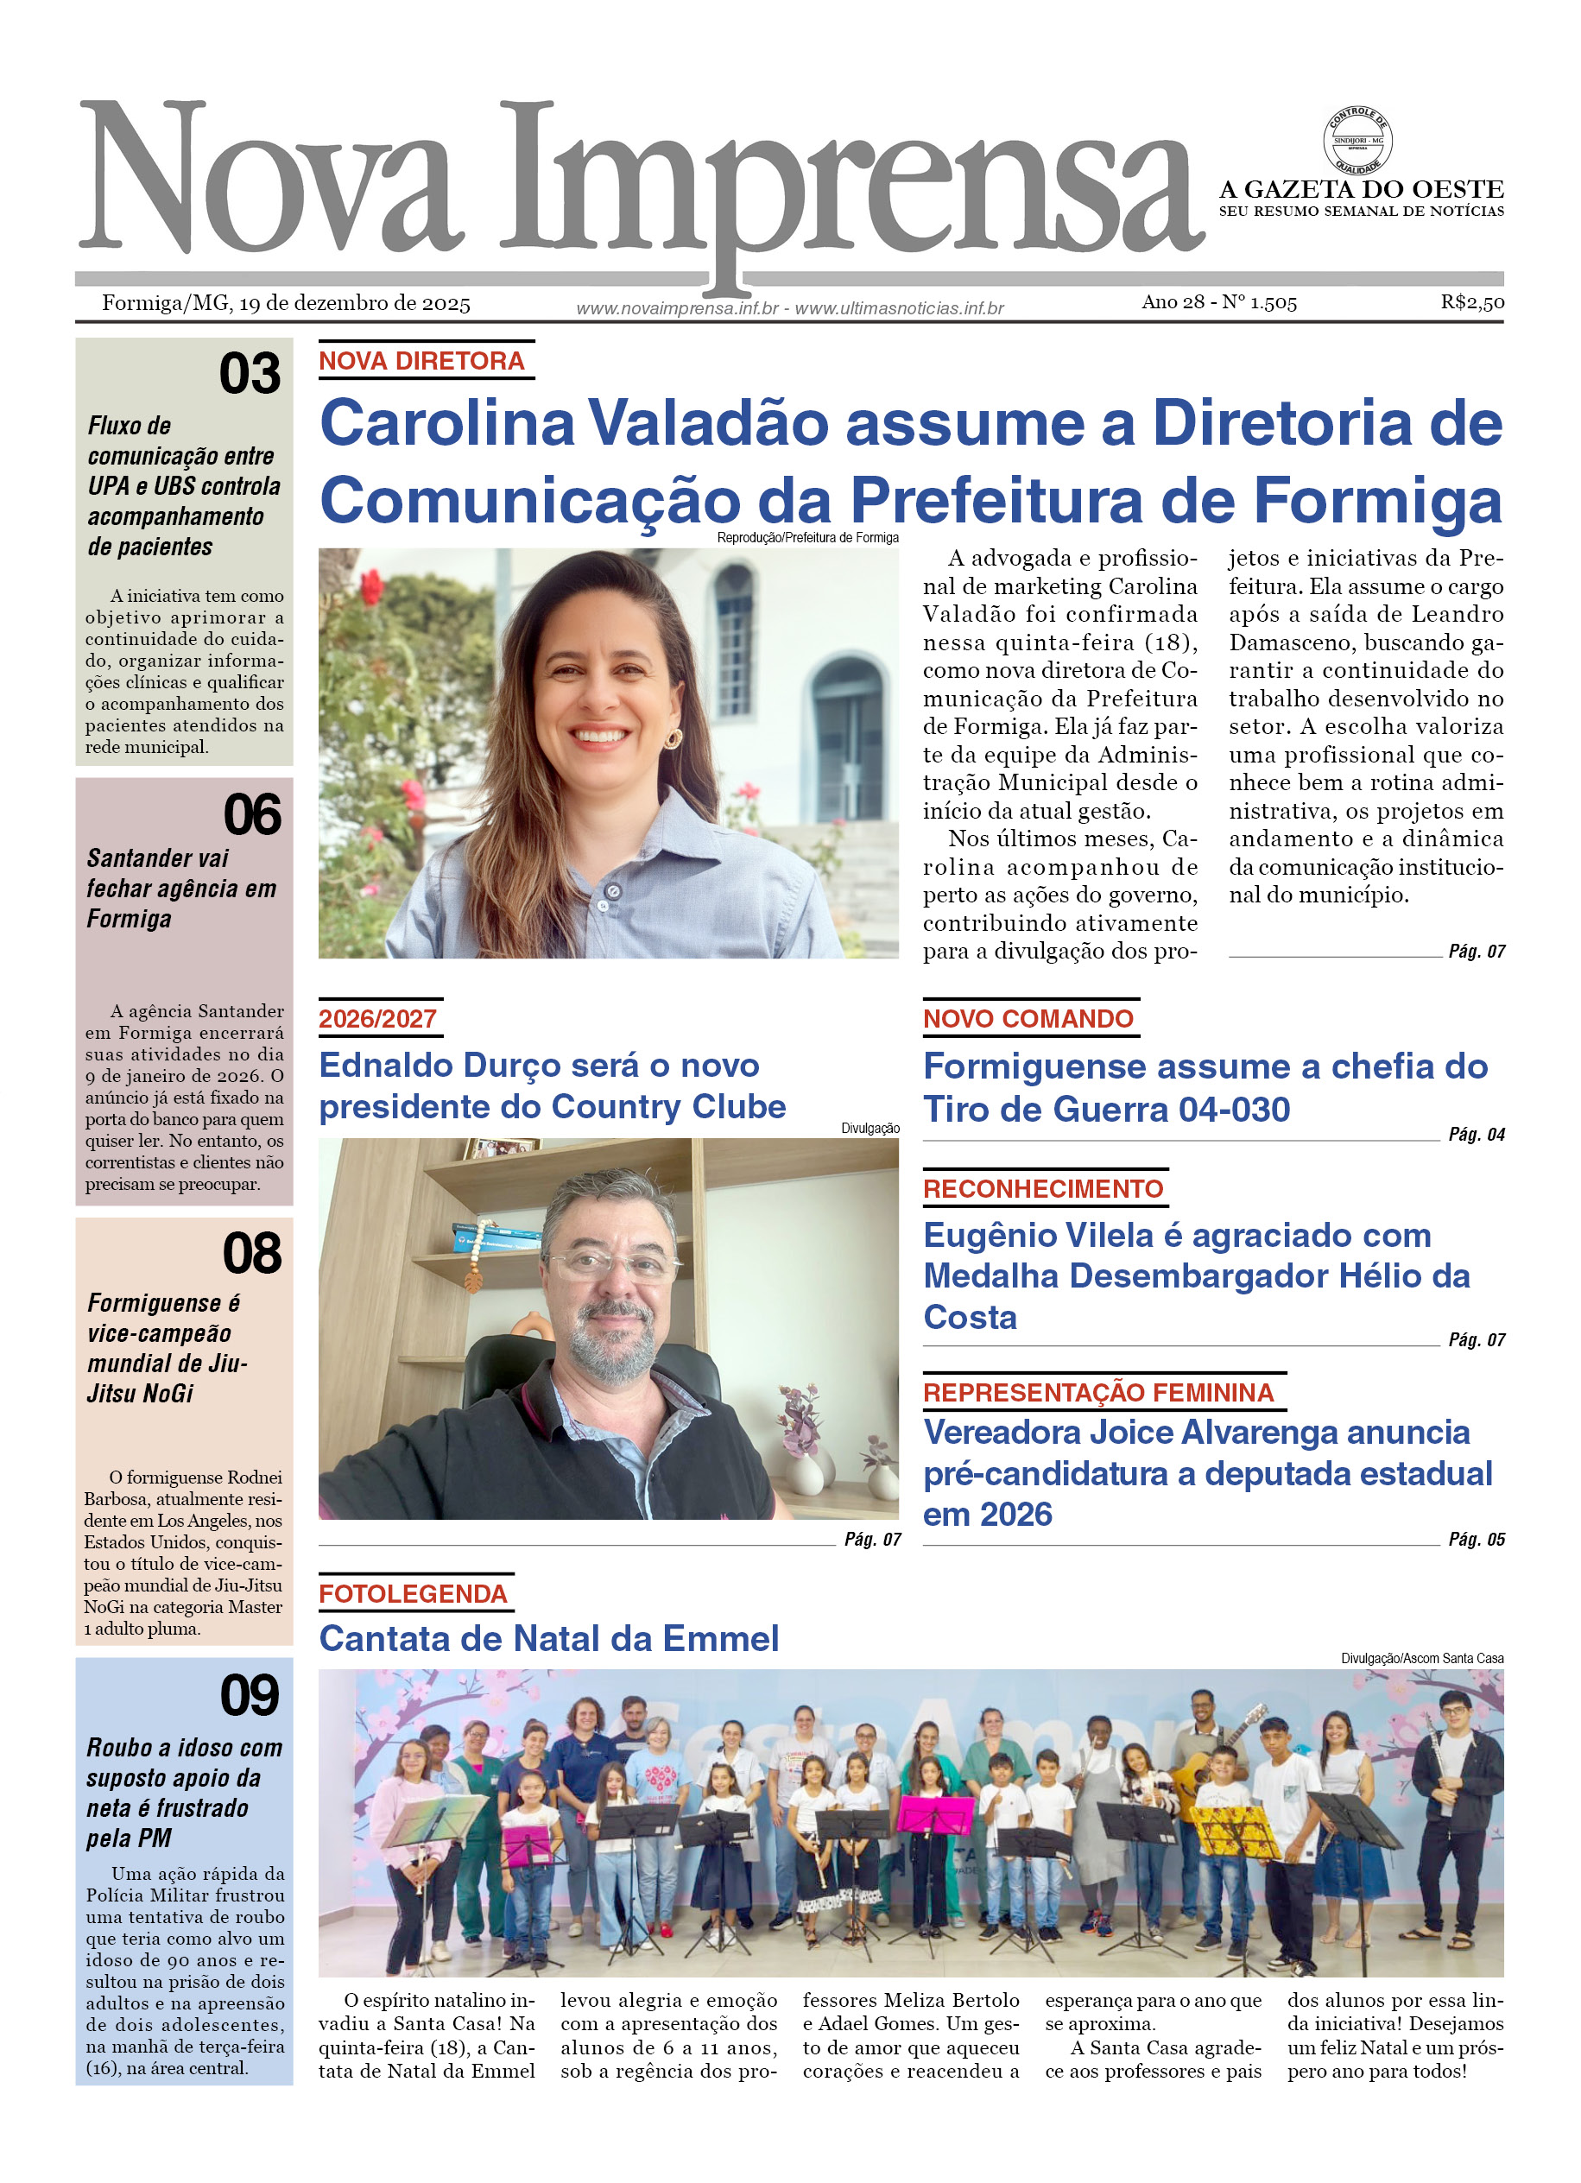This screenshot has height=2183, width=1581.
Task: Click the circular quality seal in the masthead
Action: tap(1356, 142)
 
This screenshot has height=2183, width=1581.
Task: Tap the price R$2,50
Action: tap(1471, 302)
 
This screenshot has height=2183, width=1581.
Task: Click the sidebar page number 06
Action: tap(252, 815)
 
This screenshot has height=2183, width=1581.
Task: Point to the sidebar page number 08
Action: tap(251, 1254)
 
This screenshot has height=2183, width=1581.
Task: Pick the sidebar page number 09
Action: tap(250, 1695)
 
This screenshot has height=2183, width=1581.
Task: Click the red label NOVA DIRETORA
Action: tap(421, 361)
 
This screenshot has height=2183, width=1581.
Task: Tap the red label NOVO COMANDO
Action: tap(1028, 1018)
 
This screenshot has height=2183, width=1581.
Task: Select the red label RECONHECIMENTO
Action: tap(1043, 1189)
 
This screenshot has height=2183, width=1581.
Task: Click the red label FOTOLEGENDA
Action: tap(413, 1594)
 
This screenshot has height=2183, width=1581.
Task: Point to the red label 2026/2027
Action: tap(377, 1018)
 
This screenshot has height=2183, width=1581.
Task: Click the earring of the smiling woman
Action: tap(673, 738)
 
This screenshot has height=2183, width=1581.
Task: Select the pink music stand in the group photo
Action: tap(935, 1813)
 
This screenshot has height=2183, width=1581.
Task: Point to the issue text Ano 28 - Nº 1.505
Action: tap(1218, 302)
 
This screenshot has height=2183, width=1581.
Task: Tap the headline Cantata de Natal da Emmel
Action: tap(548, 1638)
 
